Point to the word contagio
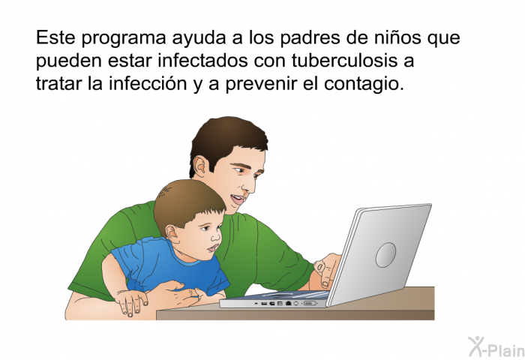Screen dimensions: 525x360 click(364, 85)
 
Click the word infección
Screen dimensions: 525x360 click(148, 83)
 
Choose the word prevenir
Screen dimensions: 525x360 click(261, 85)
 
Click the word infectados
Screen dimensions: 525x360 click(202, 61)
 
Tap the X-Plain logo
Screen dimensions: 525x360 click(496, 347)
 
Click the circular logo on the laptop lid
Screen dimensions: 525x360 click(385, 255)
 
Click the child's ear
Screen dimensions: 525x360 click(172, 234)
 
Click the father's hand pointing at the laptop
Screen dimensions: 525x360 click(326, 269)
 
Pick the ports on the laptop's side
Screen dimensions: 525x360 click(286, 304)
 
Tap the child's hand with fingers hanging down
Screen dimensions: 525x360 click(131, 302)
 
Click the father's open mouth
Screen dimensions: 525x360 click(238, 199)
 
